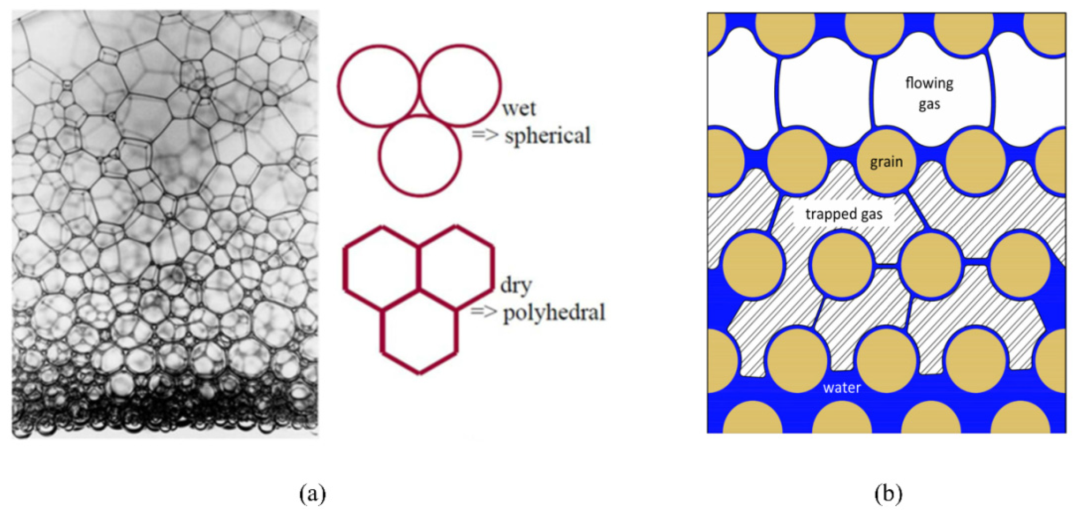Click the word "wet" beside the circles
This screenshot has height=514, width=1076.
tap(519, 109)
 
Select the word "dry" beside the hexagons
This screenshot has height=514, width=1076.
tap(516, 286)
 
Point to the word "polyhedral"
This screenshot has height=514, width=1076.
tap(554, 313)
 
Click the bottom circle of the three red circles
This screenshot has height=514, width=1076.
tap(420, 155)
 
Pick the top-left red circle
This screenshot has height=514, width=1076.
tap(378, 85)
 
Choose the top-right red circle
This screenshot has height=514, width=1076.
tap(460, 85)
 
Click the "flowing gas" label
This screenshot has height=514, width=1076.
tap(929, 93)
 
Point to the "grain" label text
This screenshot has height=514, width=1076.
tap(886, 162)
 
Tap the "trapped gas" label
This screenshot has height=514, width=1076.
tap(844, 214)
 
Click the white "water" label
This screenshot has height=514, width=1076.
tap(842, 388)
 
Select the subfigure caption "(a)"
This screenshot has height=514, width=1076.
tap(312, 494)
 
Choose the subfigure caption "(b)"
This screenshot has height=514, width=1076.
tap(888, 494)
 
